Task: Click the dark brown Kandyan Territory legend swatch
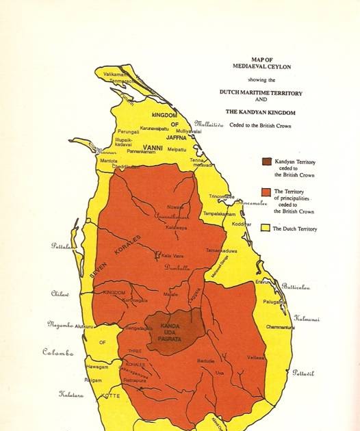coord(267,162)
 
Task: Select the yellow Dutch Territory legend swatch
coord(267,228)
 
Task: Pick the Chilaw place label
coord(60,293)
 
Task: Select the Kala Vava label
coord(171,256)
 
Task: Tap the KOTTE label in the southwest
coord(111,396)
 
